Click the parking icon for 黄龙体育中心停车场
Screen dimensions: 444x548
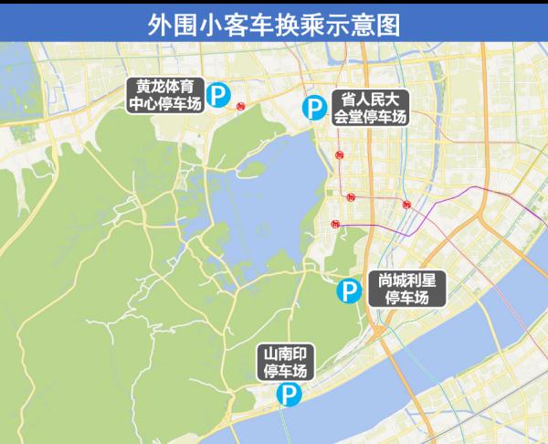[x=217, y=94]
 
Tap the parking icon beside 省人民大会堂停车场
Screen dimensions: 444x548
[x=313, y=109]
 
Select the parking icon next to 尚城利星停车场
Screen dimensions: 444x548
[x=348, y=291]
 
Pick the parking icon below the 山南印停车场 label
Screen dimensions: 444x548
[x=288, y=395]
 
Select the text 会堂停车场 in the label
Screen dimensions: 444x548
[x=370, y=117]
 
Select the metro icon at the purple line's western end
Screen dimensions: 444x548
[x=336, y=223]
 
